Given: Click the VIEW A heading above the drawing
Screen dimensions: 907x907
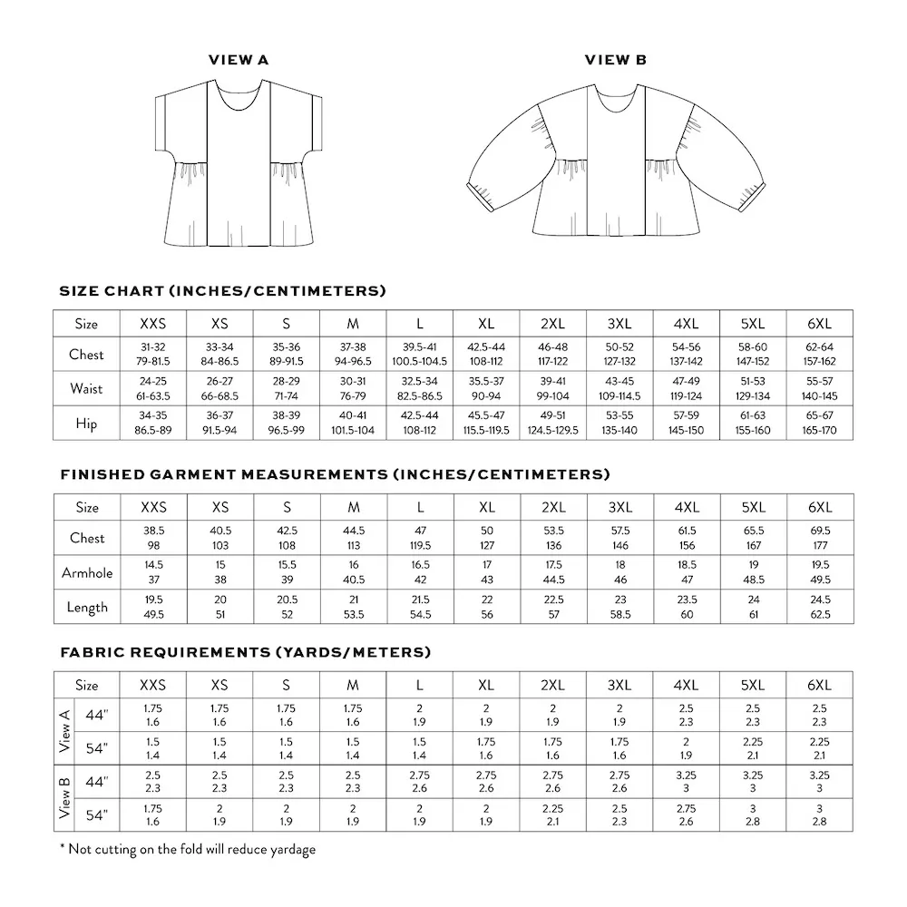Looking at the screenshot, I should [239, 61].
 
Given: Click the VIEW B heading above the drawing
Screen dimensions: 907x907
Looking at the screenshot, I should [615, 61].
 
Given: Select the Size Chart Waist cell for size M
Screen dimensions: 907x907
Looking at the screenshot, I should [354, 388].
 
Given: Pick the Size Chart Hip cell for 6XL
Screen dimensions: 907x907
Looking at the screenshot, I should [819, 423].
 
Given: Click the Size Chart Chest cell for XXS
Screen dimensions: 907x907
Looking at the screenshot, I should [152, 355].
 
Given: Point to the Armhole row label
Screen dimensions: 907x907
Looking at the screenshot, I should [87, 572].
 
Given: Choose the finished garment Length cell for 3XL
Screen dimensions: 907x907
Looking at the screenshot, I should [620, 607].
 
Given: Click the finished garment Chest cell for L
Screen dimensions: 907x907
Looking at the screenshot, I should [421, 538].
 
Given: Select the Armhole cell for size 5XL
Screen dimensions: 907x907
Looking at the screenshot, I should [754, 572].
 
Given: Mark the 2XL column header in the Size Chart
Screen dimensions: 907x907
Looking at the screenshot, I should [553, 324].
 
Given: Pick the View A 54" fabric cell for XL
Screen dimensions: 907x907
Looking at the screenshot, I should [486, 747].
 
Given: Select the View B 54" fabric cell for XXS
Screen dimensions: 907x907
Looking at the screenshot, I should [152, 814].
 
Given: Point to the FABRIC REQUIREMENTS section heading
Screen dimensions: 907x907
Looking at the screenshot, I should [245, 653].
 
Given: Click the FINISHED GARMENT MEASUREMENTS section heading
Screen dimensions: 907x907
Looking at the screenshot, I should [335, 474].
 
